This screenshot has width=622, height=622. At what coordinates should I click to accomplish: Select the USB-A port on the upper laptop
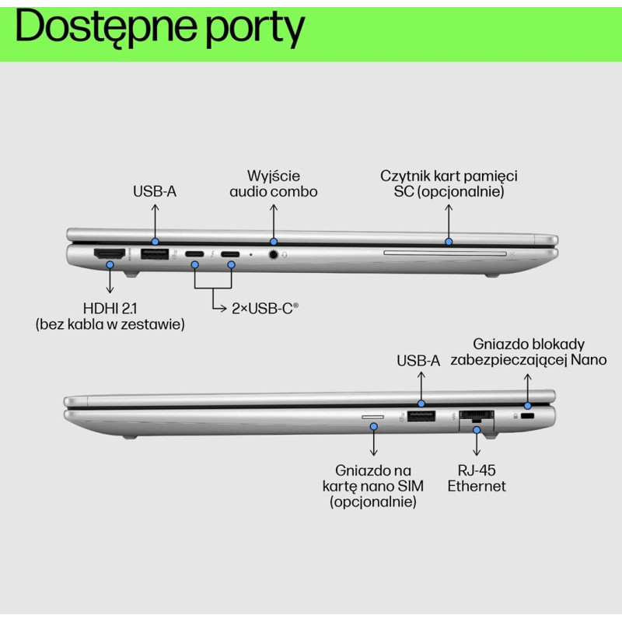pos(154,254)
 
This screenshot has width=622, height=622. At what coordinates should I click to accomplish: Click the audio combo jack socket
pos(273,254)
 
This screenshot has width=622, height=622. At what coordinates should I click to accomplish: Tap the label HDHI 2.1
pos(110,308)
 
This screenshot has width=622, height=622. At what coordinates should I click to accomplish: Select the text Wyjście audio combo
pos(273,183)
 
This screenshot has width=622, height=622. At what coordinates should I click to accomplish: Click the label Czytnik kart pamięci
pos(449,176)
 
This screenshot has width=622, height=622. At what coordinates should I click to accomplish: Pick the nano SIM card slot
pos(373,417)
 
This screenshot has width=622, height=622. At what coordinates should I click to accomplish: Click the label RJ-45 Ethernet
pos(477,478)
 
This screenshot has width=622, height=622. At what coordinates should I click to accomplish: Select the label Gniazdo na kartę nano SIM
pos(373,486)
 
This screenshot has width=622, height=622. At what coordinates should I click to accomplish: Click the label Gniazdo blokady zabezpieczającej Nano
pos(528,351)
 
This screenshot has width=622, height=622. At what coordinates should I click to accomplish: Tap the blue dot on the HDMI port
pos(110,265)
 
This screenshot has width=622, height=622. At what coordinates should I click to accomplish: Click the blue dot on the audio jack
pos(273,243)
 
